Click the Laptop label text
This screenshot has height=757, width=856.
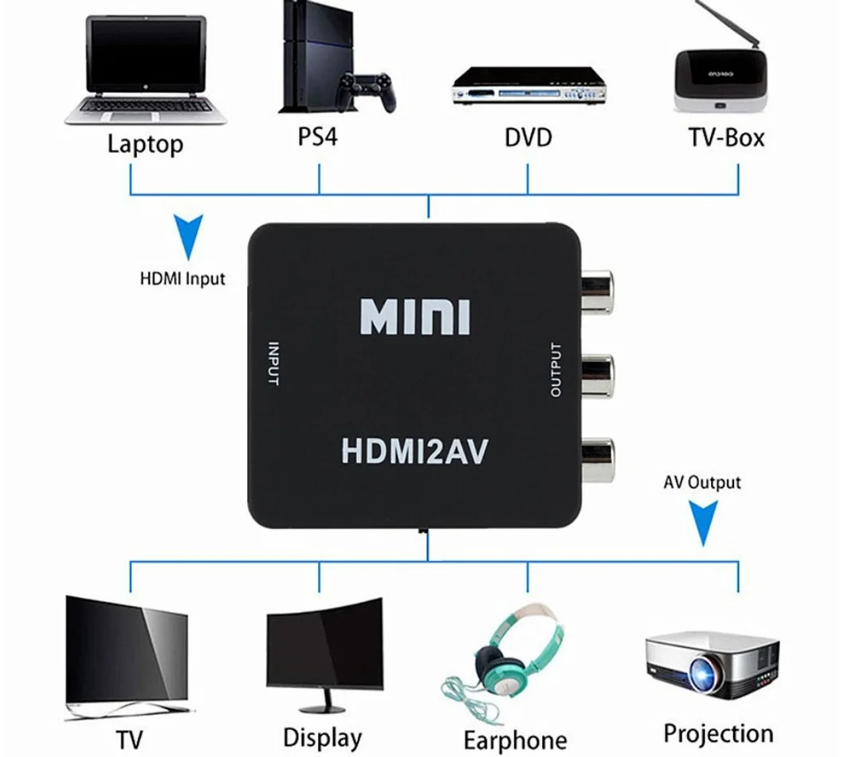[145, 144]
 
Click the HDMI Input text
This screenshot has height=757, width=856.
[183, 279]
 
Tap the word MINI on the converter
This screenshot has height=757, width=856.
[415, 317]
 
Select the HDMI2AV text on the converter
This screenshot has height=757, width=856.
[414, 450]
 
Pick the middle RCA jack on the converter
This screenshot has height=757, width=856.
[597, 376]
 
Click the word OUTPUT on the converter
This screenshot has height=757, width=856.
[556, 370]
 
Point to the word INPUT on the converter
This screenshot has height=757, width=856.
[273, 363]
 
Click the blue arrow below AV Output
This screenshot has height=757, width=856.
[702, 522]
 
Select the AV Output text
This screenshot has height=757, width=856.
[701, 482]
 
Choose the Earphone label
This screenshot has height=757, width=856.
[515, 739]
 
